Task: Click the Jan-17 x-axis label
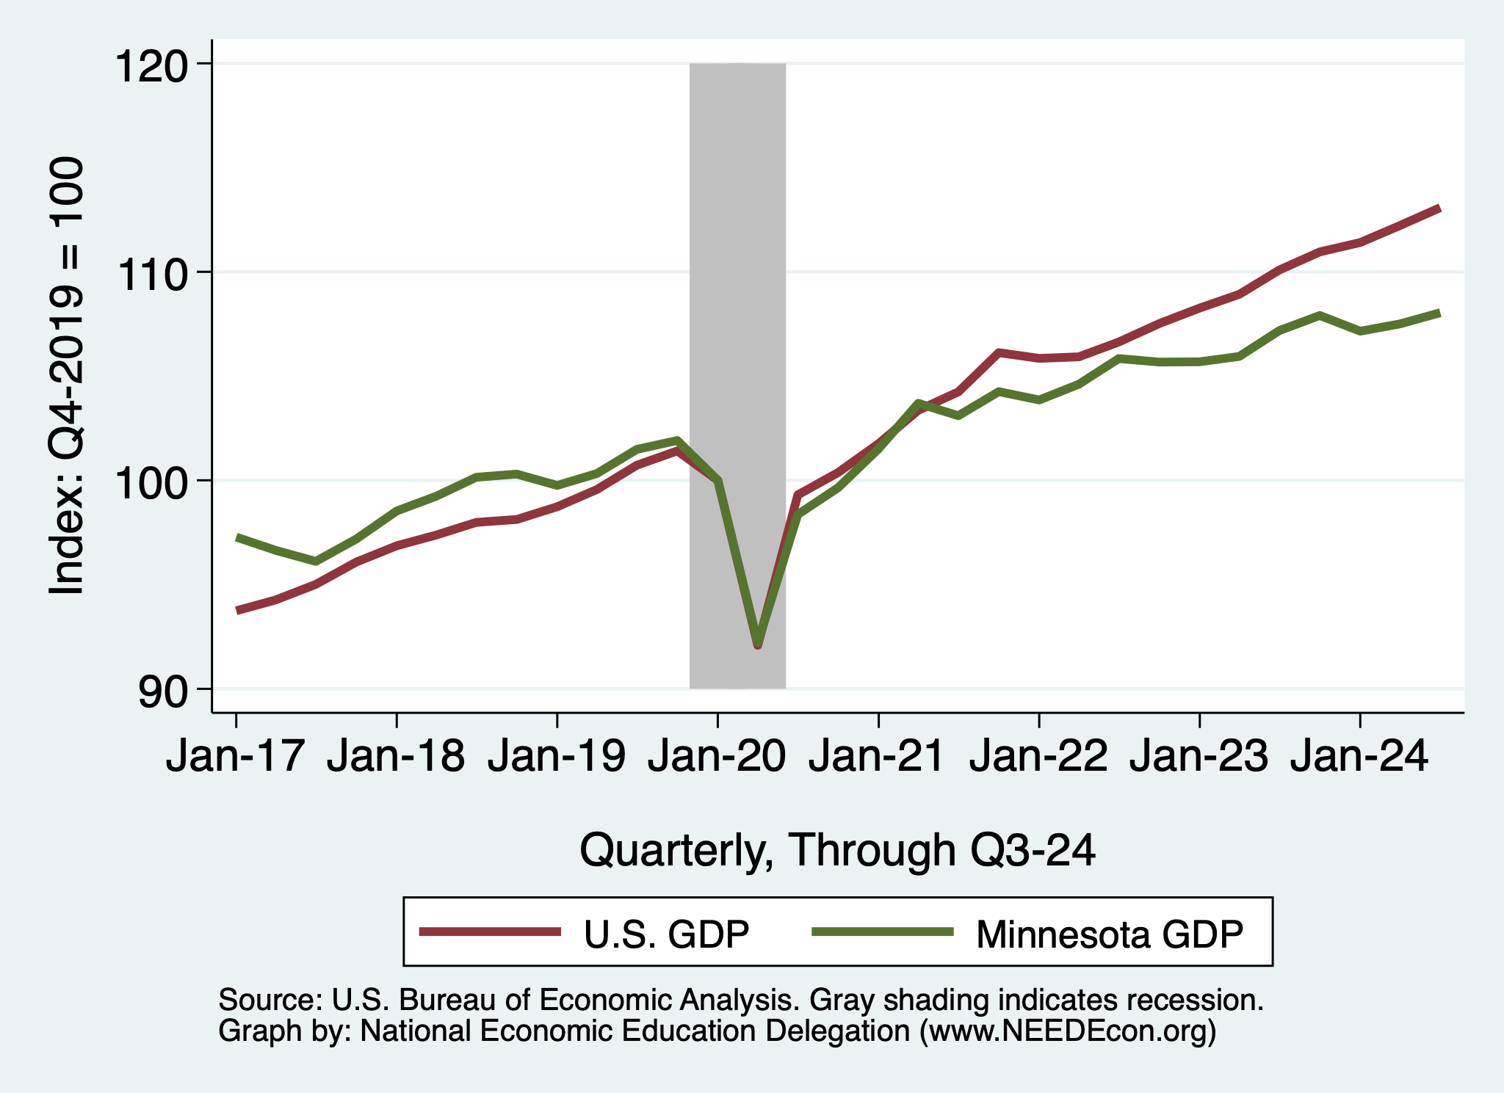(x=235, y=756)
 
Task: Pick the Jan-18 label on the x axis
(x=396, y=756)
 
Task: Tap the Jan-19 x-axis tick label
(x=557, y=756)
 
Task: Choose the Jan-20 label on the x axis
(x=717, y=756)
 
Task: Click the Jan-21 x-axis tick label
(x=878, y=756)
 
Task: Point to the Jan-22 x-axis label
(x=1038, y=756)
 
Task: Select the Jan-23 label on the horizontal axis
(x=1198, y=756)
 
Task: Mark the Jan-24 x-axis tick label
(x=1359, y=756)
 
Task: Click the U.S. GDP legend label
(x=666, y=934)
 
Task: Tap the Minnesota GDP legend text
(x=1110, y=934)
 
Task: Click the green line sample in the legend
(x=882, y=932)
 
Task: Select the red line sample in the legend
(x=490, y=932)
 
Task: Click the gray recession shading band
(x=737, y=294)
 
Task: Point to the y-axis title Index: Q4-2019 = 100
(x=66, y=376)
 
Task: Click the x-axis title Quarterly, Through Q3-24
(x=837, y=850)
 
